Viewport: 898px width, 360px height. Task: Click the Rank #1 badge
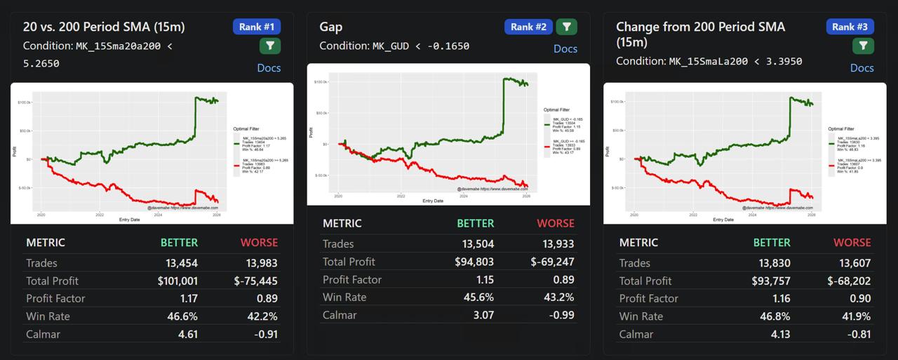pos(257,27)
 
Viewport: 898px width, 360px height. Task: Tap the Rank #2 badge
pos(528,27)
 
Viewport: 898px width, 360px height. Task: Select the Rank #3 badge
pos(850,27)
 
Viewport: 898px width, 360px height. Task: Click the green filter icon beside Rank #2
pos(566,27)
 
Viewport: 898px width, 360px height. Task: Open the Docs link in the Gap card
pos(565,48)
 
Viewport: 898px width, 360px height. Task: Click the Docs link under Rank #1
pos(269,67)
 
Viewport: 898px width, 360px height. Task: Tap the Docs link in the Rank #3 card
pos(862,67)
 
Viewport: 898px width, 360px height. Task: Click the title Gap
pos(331,27)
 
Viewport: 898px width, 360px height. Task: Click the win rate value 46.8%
pos(777,316)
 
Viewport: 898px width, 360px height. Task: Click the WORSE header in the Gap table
pos(555,223)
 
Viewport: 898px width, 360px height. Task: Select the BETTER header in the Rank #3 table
pos(772,242)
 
